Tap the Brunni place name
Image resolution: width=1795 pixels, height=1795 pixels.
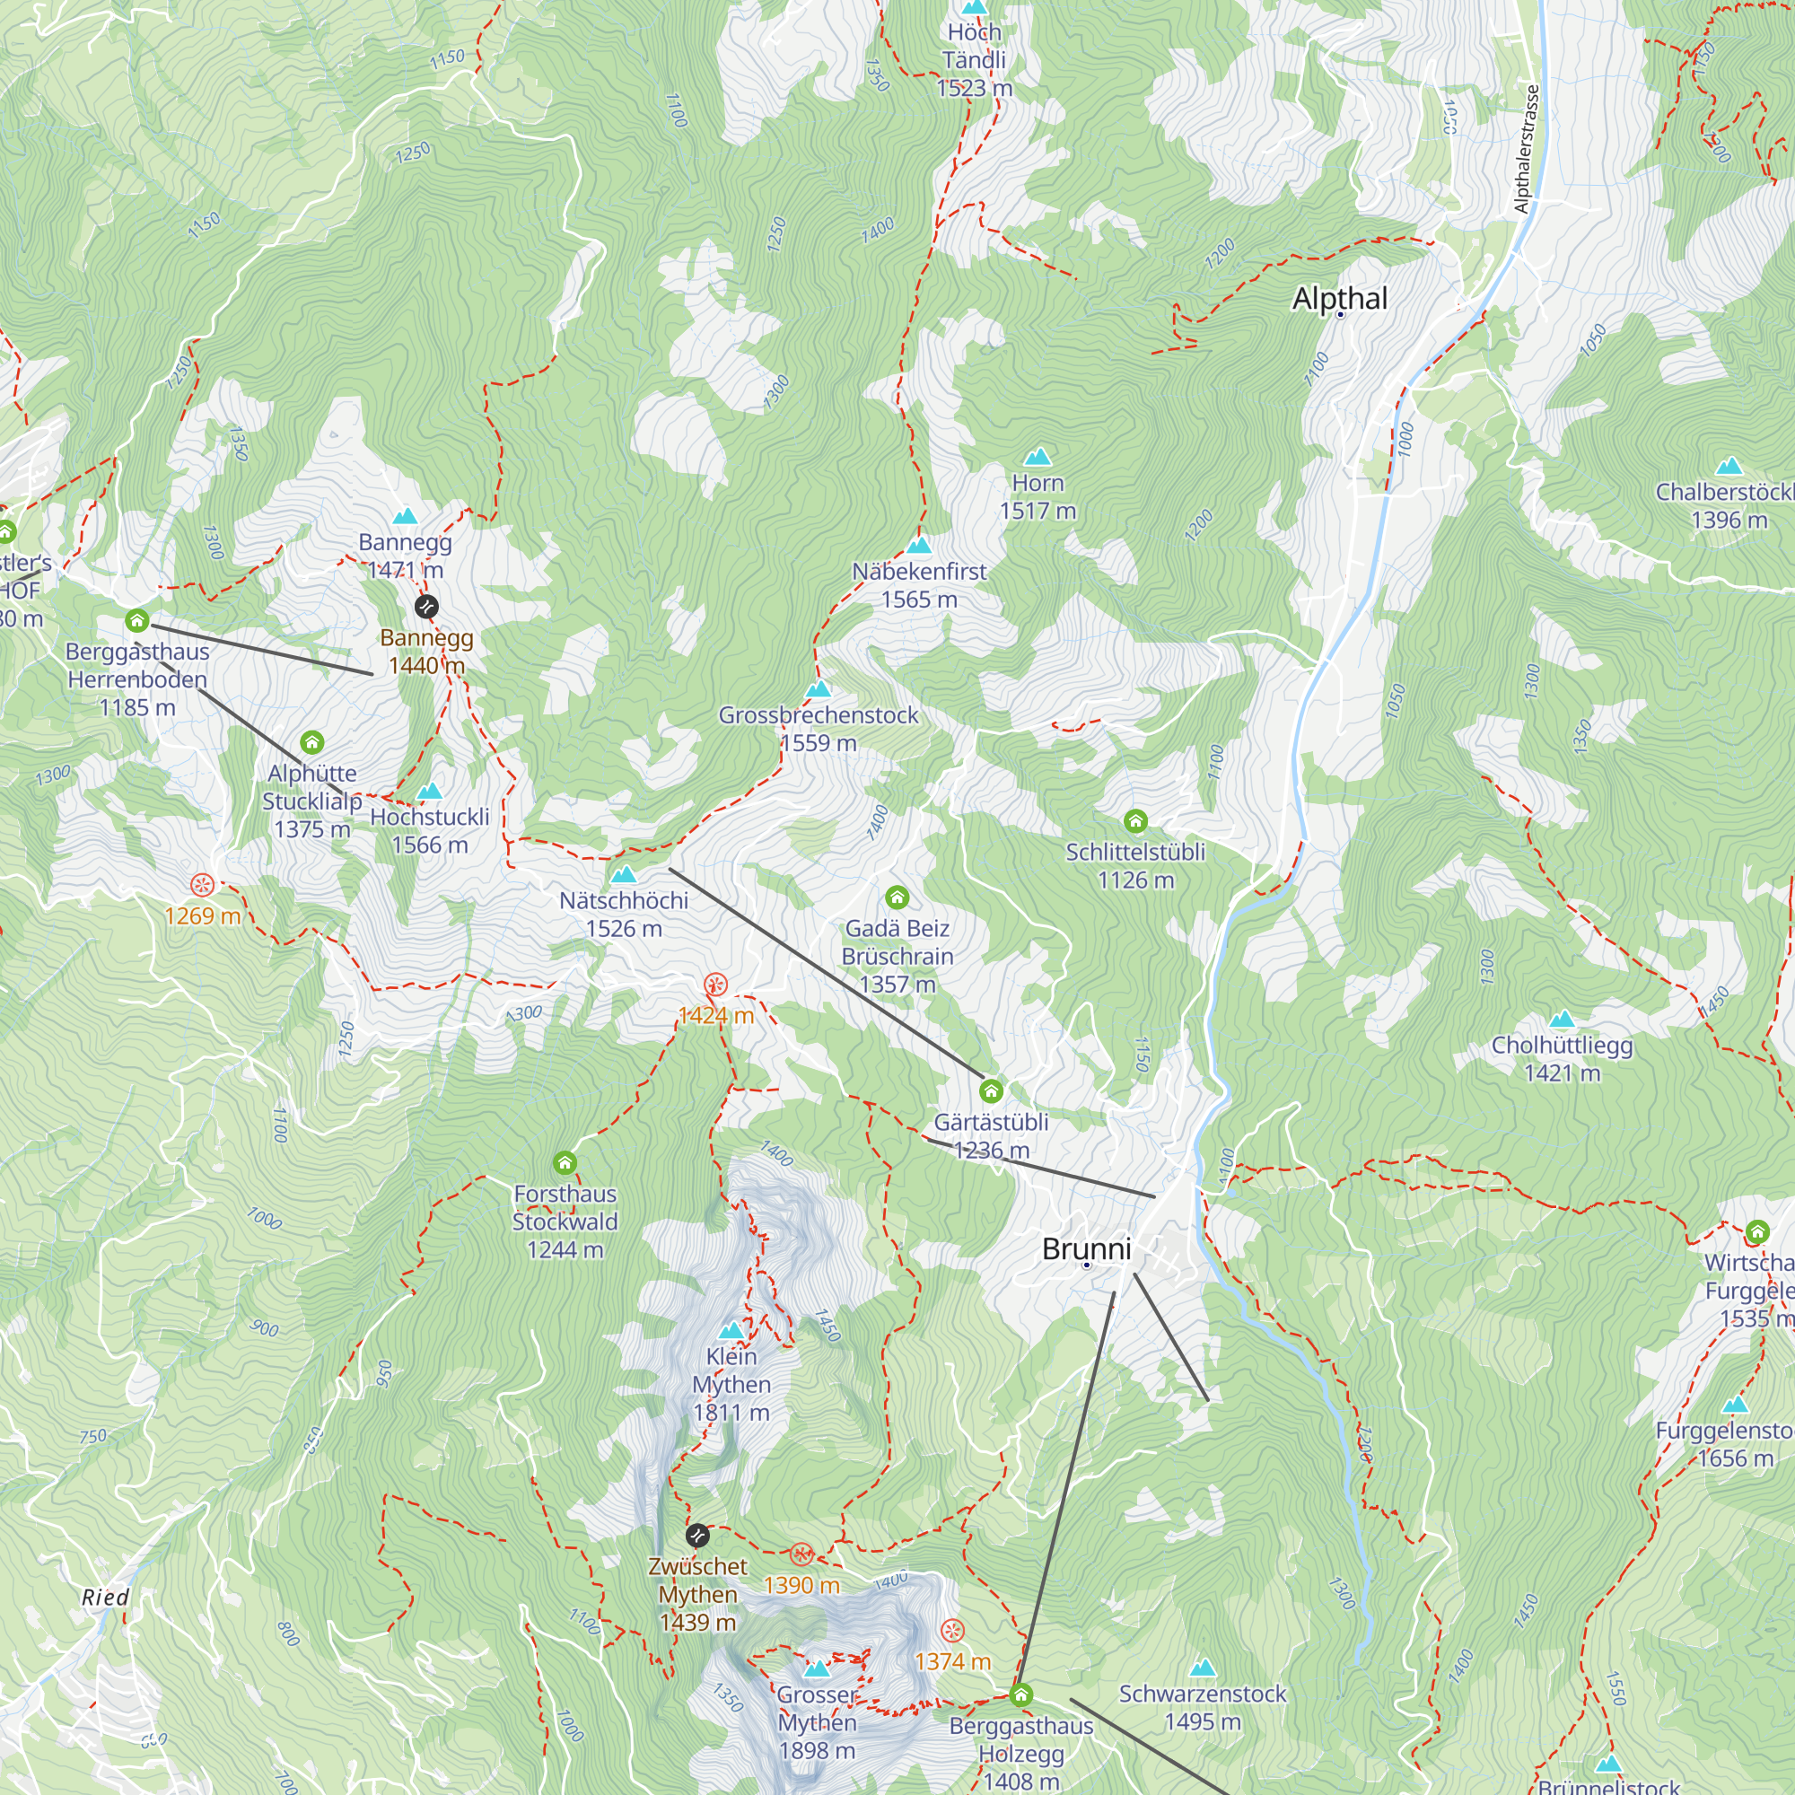(1086, 1248)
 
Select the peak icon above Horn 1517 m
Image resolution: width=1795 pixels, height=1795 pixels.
(1037, 456)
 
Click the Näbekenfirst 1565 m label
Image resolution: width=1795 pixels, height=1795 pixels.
(919, 585)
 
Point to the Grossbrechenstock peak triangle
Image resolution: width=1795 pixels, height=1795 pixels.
(818, 689)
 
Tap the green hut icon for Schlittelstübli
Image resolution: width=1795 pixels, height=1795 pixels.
(1135, 820)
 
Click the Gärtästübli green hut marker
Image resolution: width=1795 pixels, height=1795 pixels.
(992, 1090)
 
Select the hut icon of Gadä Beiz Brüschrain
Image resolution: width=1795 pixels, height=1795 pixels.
(897, 897)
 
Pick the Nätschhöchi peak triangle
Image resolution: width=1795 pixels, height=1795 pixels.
(624, 874)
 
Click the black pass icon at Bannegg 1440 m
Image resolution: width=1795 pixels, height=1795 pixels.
(425, 607)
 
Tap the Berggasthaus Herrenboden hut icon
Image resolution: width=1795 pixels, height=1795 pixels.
(137, 619)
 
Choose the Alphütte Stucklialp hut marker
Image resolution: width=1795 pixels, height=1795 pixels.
(312, 741)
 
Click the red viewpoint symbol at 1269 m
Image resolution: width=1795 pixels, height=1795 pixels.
(203, 885)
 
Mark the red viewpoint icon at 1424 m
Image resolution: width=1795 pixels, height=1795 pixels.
(715, 984)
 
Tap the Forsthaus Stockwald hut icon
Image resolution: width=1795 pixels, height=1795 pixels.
(565, 1162)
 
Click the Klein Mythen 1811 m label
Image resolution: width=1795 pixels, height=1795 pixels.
(731, 1383)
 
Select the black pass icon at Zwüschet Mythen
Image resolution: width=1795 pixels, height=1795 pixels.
(696, 1534)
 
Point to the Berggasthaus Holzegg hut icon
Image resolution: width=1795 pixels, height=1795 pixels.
(1021, 1695)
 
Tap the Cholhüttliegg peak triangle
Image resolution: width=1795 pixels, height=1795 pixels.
(1562, 1020)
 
